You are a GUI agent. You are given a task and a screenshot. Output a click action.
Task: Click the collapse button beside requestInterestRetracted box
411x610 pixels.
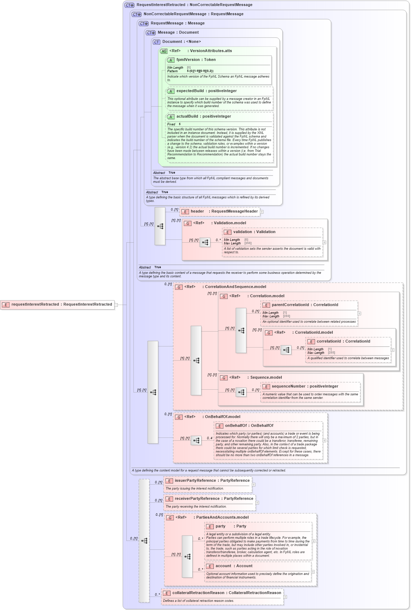tap(116, 305)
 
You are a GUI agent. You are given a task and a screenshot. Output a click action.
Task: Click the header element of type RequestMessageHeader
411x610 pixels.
tap(224, 211)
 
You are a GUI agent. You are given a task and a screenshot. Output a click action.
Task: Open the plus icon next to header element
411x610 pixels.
tap(262, 212)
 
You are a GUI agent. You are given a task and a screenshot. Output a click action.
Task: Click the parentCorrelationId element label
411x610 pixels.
tap(304, 305)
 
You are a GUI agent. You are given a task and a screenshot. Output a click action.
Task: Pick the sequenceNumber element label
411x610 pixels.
tap(305, 386)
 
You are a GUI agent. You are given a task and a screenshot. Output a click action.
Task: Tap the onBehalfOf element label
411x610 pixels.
tap(249, 426)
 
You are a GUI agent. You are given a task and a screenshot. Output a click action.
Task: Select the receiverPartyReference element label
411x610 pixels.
tap(213, 499)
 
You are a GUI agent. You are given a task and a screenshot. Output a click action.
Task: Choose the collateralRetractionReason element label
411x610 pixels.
tap(227, 593)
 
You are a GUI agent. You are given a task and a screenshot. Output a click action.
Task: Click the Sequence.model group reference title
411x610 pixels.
tap(266, 378)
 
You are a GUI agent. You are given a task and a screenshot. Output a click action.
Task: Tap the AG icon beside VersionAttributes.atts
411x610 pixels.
tap(164, 51)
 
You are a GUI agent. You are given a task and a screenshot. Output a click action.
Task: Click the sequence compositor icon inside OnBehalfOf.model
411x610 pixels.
tap(196, 440)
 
